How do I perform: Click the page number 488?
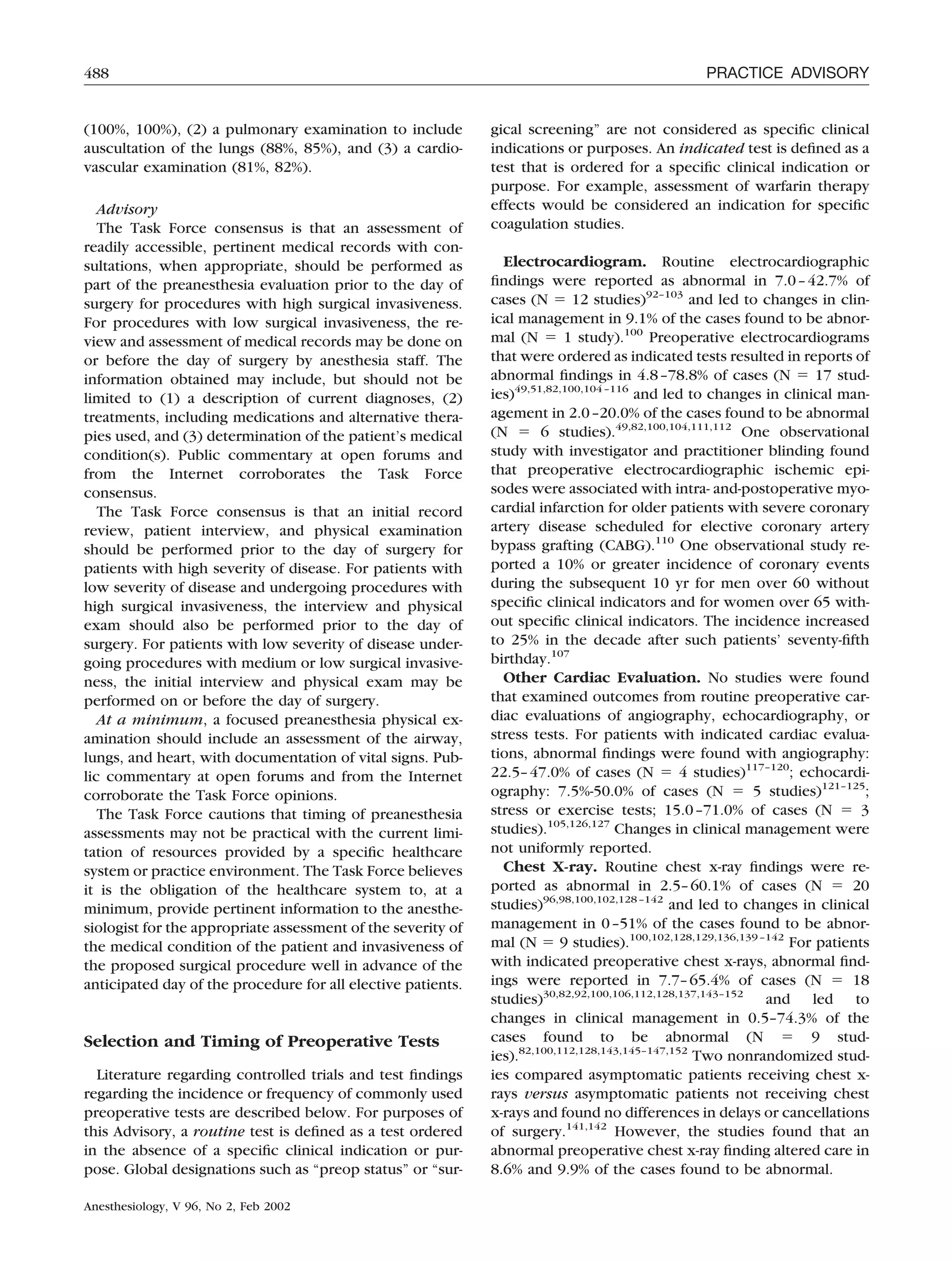pos(97,73)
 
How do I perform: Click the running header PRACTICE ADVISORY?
pos(787,73)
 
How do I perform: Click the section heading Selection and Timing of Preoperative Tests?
pos(261,1041)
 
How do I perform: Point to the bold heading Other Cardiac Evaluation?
pos(602,678)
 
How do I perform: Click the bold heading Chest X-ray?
pos(550,867)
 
